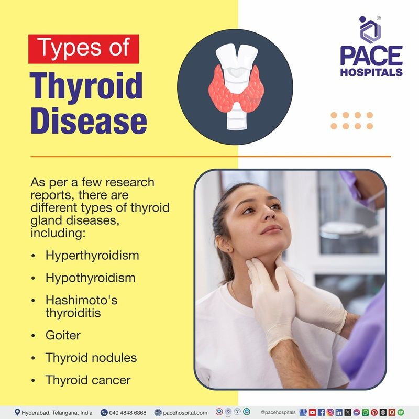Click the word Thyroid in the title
(x=86, y=86)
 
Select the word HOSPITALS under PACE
(x=371, y=72)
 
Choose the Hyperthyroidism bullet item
(x=92, y=256)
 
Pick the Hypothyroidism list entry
(x=90, y=278)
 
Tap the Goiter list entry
(x=63, y=335)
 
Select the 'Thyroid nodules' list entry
(x=91, y=358)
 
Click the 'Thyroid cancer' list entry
(x=87, y=380)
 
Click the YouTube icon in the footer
(x=313, y=412)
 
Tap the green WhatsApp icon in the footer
(x=366, y=412)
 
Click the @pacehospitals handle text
(x=279, y=412)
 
